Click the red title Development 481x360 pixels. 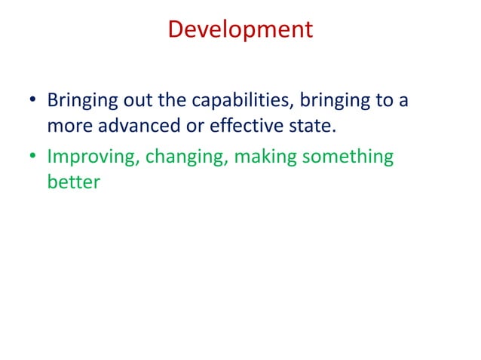click(240, 29)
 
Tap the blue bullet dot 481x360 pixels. click(32, 101)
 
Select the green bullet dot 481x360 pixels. click(32, 157)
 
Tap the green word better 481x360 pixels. click(73, 182)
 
